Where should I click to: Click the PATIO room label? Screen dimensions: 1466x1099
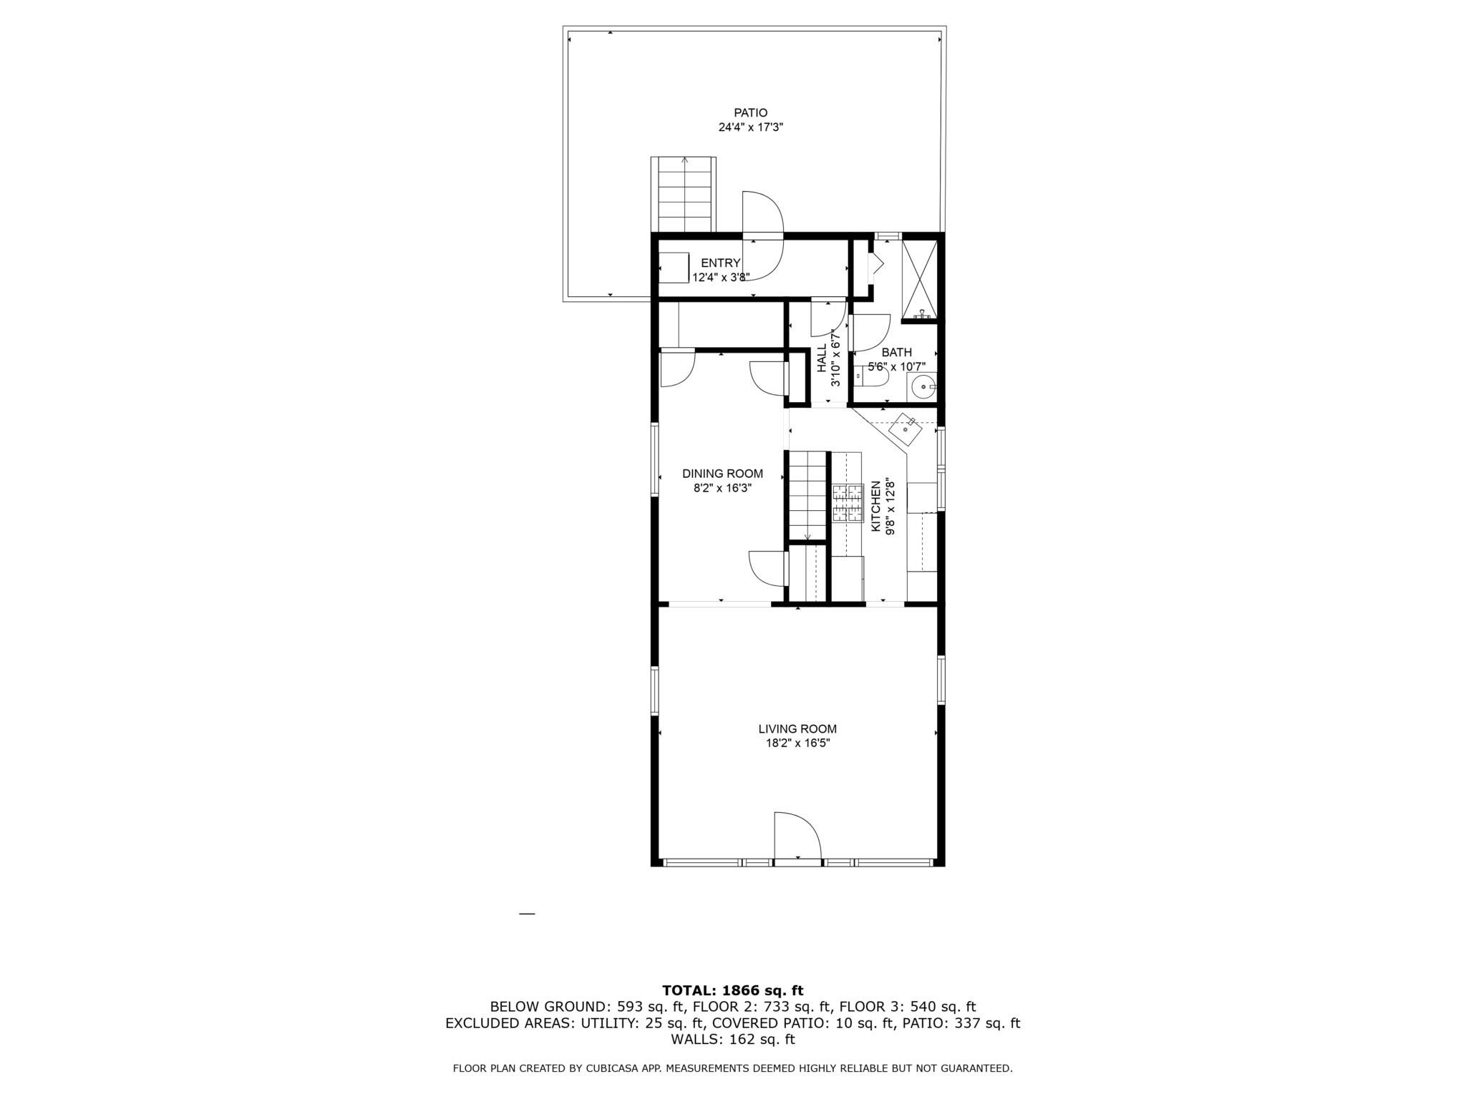[750, 113]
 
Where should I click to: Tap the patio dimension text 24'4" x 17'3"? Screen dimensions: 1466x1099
[750, 128]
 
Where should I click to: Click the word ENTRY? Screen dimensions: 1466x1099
[720, 263]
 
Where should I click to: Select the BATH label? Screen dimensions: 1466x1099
[896, 353]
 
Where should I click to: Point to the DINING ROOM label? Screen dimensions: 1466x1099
[722, 474]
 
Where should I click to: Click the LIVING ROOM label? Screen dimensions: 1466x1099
[797, 729]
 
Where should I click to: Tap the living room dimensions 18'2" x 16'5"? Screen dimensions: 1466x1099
[797, 743]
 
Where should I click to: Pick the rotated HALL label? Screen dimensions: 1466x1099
[822, 358]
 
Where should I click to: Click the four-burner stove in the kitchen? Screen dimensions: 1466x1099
[848, 503]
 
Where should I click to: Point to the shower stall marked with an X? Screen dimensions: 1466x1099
[919, 278]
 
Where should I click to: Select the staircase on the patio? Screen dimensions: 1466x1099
[683, 194]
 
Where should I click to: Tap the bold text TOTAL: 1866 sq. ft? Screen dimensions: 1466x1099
[732, 990]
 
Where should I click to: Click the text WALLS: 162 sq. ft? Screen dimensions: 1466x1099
[732, 1039]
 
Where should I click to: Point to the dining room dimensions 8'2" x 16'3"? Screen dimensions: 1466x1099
[722, 489]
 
